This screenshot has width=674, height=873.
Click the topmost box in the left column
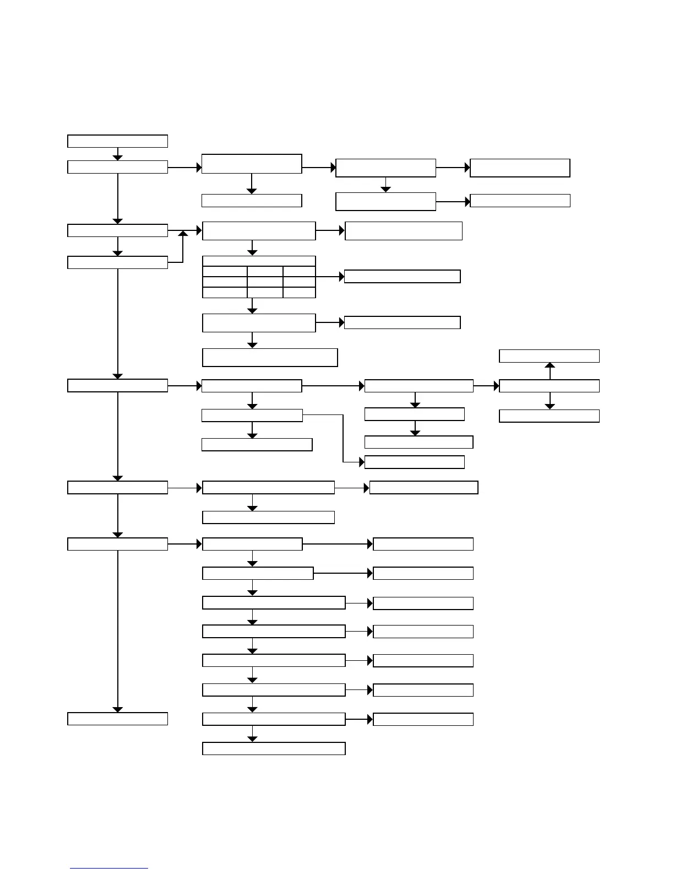[117, 141]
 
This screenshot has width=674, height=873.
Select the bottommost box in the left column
[117, 719]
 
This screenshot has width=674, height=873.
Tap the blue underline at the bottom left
[109, 869]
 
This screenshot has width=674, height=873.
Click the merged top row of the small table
[259, 261]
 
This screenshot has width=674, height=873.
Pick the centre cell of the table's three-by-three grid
[265, 282]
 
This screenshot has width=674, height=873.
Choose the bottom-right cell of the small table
[299, 293]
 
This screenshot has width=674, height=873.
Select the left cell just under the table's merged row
[225, 272]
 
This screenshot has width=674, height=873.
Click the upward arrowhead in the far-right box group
[550, 365]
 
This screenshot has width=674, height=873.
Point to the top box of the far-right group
[549, 356]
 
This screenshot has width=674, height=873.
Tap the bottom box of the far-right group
[549, 416]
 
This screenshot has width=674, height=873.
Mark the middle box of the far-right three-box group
[549, 386]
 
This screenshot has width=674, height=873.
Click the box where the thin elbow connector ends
[415, 462]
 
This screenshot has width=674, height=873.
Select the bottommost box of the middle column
[274, 748]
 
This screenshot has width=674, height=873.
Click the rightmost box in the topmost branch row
[520, 168]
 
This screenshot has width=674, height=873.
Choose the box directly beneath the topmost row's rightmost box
[520, 201]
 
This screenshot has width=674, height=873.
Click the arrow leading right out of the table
[330, 277]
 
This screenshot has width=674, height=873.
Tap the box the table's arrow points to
[402, 277]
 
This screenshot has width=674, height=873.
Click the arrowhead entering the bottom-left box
[117, 709]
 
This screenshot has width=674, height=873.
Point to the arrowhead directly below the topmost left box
[117, 158]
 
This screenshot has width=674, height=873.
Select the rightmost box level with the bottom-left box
[423, 719]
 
